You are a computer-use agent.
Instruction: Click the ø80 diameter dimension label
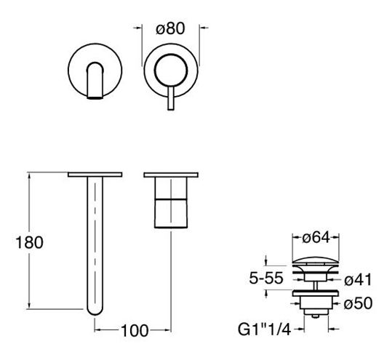pyautogui.click(x=170, y=28)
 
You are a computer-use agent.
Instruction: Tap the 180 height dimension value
pyautogui.click(x=29, y=242)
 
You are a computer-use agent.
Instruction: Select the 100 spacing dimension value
pyautogui.click(x=135, y=331)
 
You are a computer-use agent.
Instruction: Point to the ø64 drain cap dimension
pyautogui.click(x=316, y=238)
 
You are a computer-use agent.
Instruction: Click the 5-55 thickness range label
pyautogui.click(x=266, y=278)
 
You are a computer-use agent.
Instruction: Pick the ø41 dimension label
pyautogui.click(x=358, y=280)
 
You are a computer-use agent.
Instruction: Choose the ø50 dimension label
pyautogui.click(x=358, y=303)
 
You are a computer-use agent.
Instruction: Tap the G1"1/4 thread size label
pyautogui.click(x=264, y=329)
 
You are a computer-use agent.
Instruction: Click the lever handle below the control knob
pyautogui.click(x=171, y=98)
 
